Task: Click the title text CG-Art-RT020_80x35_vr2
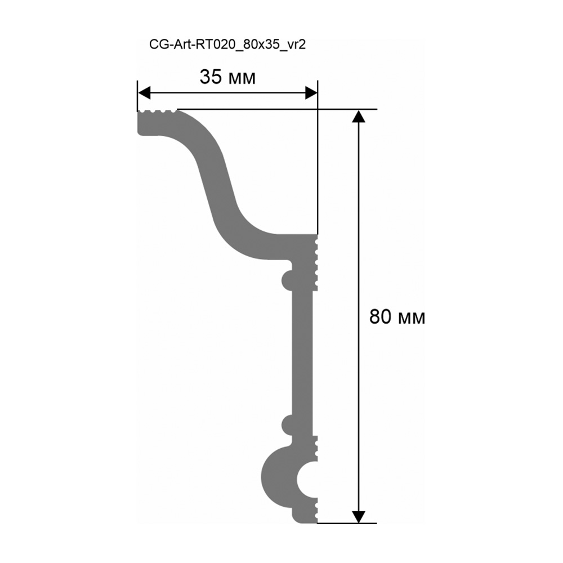click(x=227, y=45)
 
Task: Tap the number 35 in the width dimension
click(x=211, y=77)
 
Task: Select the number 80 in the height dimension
click(x=380, y=316)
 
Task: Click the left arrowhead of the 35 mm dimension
click(x=144, y=93)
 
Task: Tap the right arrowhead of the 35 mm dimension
click(x=311, y=93)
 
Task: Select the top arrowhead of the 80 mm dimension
click(x=358, y=116)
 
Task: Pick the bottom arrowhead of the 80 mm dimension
click(x=358, y=517)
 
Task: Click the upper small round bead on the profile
click(x=287, y=279)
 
